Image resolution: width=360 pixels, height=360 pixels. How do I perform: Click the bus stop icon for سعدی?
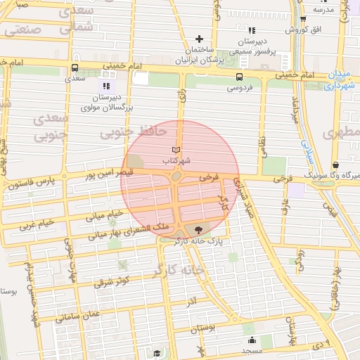75,68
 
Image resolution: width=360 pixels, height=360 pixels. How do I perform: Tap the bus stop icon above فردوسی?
240,77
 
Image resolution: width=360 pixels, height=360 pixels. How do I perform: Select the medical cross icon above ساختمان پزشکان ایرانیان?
200,39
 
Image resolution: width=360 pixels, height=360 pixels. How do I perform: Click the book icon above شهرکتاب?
176,150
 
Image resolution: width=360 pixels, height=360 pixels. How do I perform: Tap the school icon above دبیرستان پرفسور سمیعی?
251,30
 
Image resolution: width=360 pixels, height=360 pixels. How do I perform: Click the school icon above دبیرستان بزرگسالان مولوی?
106,86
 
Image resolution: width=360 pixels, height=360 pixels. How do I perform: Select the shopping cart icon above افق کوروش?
303,19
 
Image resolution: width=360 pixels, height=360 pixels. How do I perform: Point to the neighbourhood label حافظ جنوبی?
134,131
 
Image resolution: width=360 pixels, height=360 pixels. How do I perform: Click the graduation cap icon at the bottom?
157,353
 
